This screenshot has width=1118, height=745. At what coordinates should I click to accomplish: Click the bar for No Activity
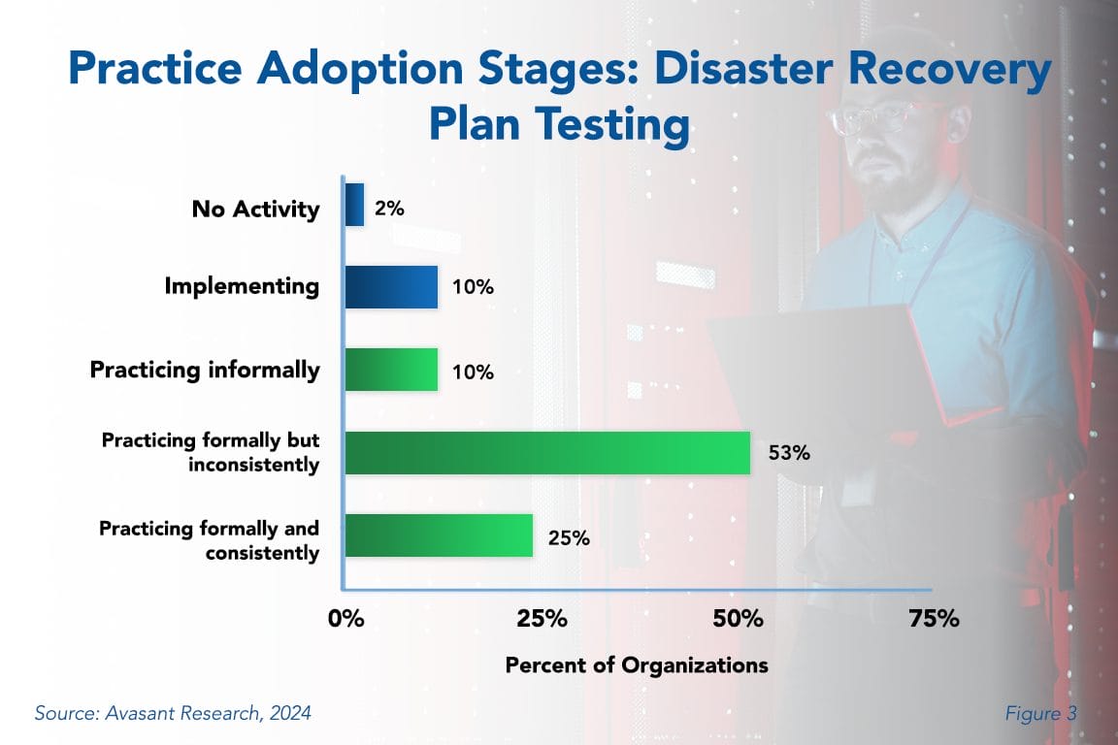[354, 206]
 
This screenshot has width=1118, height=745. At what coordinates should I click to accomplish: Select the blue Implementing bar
[391, 287]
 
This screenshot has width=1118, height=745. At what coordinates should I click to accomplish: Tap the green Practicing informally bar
[391, 370]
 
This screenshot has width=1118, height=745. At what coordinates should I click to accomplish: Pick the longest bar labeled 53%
[547, 453]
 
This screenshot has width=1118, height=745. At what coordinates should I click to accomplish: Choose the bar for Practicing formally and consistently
[439, 535]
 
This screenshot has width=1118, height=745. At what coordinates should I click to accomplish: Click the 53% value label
[789, 453]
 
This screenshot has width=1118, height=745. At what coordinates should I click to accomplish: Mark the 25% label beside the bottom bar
[570, 537]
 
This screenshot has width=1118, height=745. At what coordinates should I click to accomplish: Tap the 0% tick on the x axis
[345, 619]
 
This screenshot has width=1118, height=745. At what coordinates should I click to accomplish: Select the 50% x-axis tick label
[739, 619]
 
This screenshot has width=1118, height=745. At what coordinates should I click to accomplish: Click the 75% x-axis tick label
[935, 619]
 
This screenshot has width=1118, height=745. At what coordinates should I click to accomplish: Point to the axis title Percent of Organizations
[637, 665]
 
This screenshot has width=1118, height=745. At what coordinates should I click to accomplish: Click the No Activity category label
[256, 209]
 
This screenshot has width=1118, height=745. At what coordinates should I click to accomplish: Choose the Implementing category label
[242, 286]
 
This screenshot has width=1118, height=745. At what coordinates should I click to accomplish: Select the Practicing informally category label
[205, 370]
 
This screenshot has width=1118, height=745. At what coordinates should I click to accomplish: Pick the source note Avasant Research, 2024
[173, 714]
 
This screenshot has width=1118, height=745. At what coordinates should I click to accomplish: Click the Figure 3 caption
[1040, 714]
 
